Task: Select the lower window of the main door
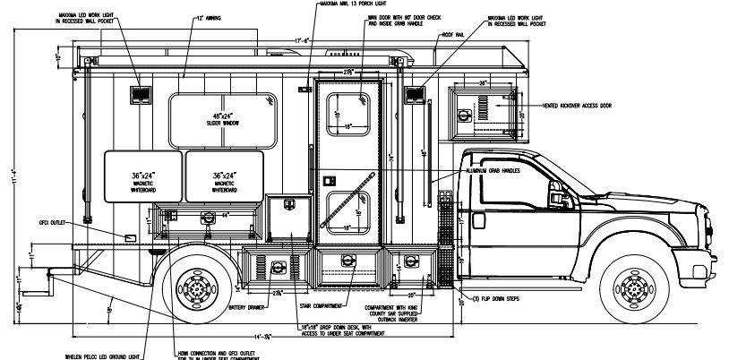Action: [x=347, y=213]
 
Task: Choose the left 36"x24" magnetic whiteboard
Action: [x=143, y=176]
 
